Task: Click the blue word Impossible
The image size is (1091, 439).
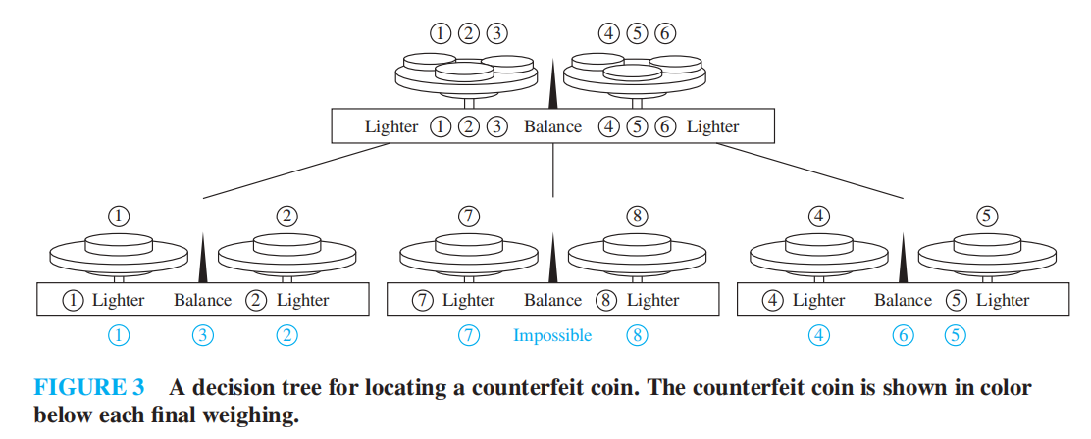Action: (x=552, y=336)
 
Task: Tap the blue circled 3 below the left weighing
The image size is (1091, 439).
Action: (x=202, y=336)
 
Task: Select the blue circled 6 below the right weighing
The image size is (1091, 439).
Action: (x=903, y=336)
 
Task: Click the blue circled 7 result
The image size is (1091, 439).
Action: (x=469, y=336)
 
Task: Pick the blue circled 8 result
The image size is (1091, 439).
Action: (x=637, y=336)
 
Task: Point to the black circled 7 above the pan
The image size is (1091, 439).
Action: (x=469, y=217)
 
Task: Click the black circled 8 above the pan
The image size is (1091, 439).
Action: (x=637, y=217)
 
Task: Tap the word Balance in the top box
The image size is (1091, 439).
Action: (x=552, y=126)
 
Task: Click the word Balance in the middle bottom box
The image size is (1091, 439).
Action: (x=552, y=300)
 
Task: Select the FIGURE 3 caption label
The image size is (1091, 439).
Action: (x=89, y=388)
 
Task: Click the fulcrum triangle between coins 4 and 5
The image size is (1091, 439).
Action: (x=903, y=258)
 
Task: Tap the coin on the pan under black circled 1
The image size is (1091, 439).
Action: (x=119, y=241)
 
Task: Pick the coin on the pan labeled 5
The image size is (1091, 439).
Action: (x=986, y=241)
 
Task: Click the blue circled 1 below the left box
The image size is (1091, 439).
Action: (x=119, y=336)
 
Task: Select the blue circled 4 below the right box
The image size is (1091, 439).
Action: (x=819, y=336)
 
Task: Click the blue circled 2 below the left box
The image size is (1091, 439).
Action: (x=286, y=336)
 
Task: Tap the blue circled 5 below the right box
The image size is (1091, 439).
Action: (x=955, y=336)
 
